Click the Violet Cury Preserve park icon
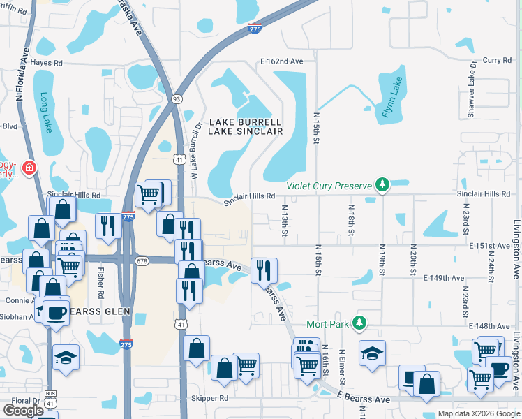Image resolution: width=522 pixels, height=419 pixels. click(382, 185)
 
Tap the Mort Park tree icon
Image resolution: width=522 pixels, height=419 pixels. click(359, 323)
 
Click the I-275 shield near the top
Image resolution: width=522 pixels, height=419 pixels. click(255, 29)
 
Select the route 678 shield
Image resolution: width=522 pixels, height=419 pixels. click(142, 260)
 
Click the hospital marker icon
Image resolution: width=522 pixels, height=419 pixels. click(29, 168)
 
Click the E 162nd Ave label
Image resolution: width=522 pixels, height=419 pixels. click(281, 61)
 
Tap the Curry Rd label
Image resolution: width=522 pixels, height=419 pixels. click(497, 61)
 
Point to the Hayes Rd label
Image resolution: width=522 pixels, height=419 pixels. click(47, 63)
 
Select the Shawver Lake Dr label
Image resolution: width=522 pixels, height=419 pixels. click(472, 88)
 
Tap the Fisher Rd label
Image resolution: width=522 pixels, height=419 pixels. click(101, 260)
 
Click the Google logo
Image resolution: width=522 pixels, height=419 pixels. click(23, 411)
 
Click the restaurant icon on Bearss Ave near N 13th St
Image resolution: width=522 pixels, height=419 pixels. click(264, 270)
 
